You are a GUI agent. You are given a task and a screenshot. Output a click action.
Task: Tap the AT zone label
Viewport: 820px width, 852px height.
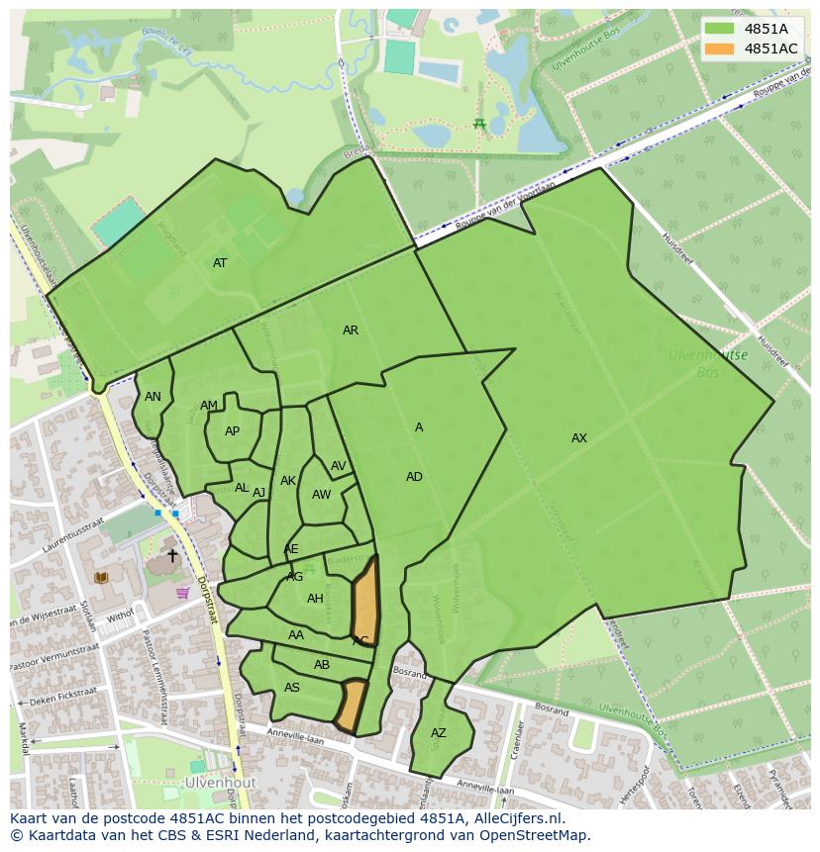220,263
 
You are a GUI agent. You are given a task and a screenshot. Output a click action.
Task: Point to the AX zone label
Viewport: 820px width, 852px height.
579,438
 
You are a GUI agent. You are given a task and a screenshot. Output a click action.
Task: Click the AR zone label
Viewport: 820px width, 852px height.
351,331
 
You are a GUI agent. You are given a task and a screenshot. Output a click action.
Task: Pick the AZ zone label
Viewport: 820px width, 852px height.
439,733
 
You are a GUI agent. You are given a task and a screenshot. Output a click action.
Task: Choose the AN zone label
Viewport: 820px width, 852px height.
153,397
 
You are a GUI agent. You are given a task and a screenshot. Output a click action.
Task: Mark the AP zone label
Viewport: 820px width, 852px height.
232,431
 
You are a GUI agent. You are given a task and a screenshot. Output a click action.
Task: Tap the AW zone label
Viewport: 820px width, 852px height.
322,495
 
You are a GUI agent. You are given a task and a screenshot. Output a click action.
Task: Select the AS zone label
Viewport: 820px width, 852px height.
292,688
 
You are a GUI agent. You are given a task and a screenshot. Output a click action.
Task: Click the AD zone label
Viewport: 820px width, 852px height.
414,477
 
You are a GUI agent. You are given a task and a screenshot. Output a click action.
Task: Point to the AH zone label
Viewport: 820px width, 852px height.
315,599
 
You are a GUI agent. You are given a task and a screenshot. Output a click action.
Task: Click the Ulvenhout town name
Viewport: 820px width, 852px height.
219,782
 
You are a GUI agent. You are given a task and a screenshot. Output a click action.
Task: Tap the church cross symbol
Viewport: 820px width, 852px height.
172,556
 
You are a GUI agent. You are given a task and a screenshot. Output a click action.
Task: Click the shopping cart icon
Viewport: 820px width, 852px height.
182,593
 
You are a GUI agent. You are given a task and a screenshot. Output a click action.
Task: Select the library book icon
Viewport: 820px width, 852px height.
100,578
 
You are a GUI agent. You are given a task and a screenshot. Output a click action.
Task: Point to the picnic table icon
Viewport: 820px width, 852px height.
479,124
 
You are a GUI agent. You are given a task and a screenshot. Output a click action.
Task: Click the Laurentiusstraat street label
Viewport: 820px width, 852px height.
71,535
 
